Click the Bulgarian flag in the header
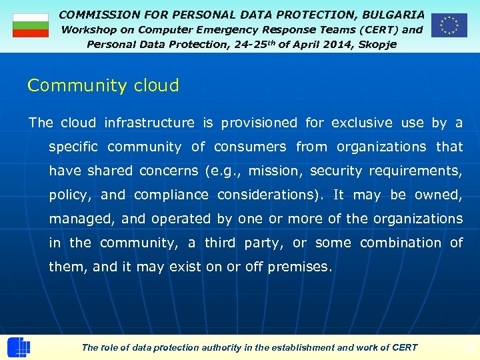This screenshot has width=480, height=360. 31,25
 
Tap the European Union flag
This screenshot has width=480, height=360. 449,25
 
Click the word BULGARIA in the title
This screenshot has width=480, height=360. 393,14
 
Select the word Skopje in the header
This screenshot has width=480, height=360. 377,44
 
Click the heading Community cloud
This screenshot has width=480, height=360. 103,85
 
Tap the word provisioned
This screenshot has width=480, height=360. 259,123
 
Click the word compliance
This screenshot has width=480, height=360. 171,195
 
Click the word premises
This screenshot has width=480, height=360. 299,267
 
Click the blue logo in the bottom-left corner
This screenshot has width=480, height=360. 19,347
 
